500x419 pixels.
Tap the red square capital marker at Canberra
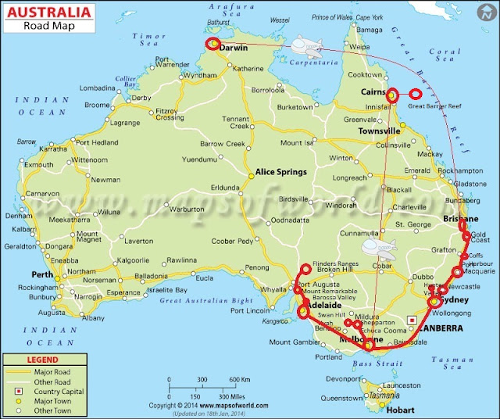[412, 319]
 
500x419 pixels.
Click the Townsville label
[379, 132]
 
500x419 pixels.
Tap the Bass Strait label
[370, 361]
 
